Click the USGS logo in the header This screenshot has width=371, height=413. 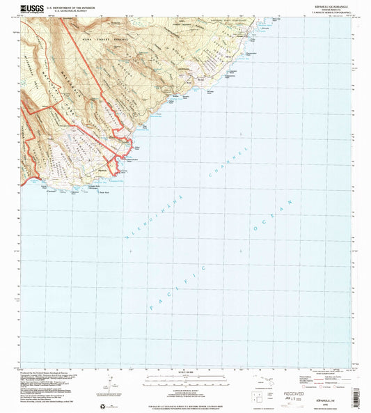(31, 8)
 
